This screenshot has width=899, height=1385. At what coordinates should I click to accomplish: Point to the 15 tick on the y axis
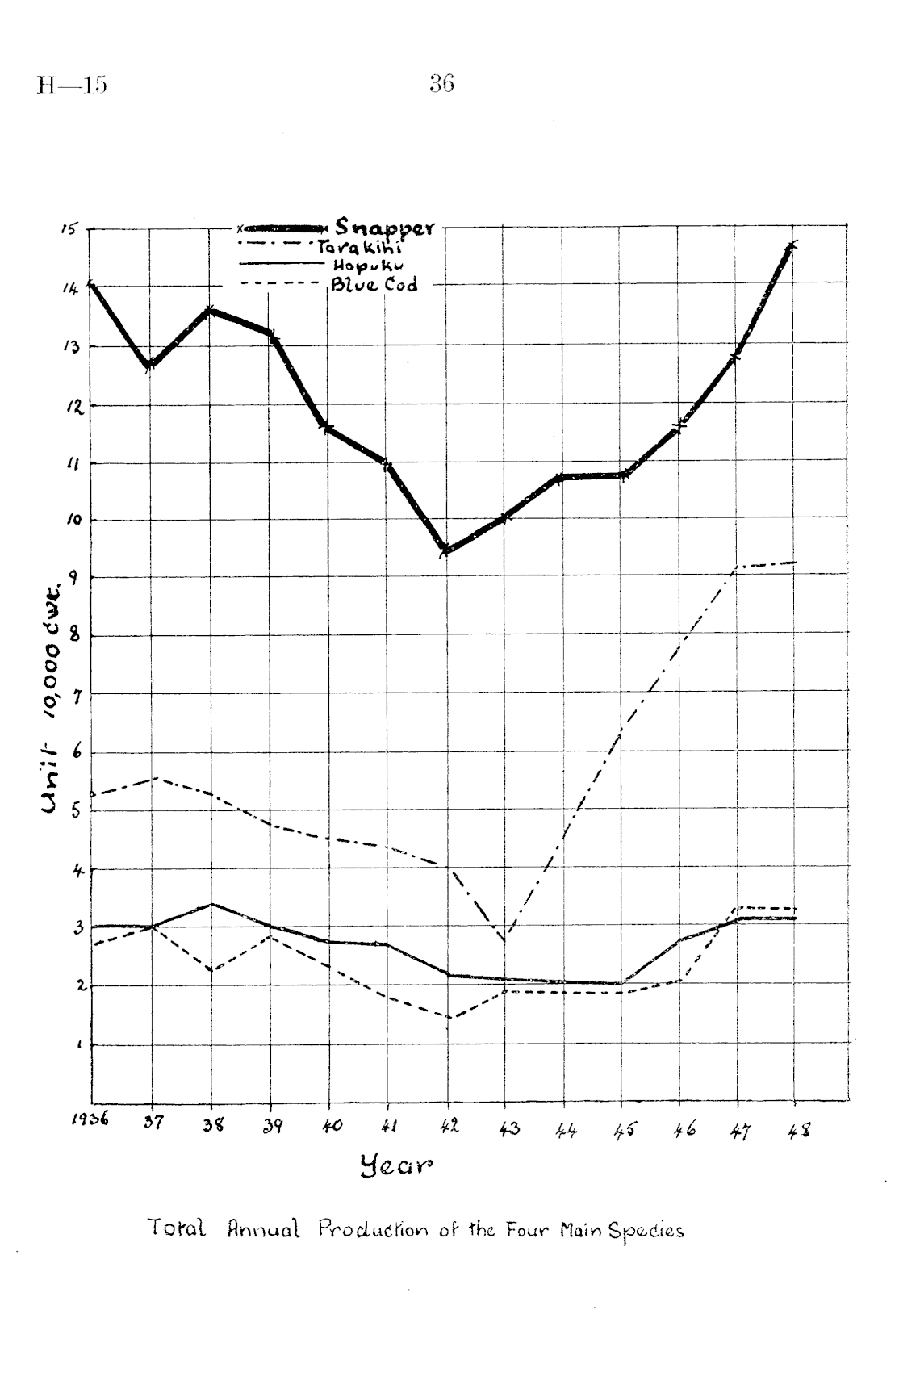point(70,229)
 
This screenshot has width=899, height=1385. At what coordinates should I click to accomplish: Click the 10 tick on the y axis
point(70,521)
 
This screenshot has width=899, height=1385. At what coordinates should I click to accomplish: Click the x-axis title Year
point(396,1165)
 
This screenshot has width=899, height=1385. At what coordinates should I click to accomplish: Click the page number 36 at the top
point(441,84)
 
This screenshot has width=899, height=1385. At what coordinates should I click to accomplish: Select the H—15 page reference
point(71,86)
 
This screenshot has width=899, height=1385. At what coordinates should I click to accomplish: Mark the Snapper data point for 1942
point(446,550)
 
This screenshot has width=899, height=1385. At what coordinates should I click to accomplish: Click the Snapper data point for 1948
point(793,245)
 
